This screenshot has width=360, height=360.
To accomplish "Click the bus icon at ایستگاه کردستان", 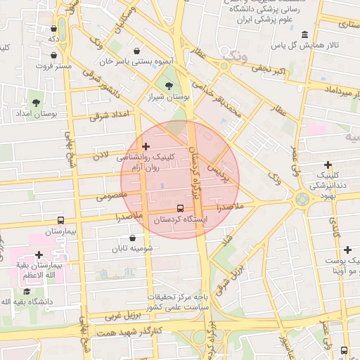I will click(180, 209).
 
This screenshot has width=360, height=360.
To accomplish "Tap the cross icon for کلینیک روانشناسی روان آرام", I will click(146, 146).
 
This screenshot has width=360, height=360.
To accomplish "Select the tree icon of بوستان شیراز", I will click(168, 86).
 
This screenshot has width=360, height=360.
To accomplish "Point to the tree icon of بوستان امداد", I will click(35, 103).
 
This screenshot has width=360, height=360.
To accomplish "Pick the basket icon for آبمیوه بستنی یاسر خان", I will click(136, 51).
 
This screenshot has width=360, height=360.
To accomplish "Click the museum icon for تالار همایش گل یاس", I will click(304, 35).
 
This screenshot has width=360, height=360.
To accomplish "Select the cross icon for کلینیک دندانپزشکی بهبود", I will click(328, 165).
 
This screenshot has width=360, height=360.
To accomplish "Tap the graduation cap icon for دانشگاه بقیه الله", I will click(27, 291).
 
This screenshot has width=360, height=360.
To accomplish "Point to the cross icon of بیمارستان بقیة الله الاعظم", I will click(39, 255).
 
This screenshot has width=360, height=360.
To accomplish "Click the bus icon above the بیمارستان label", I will click(60, 220).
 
